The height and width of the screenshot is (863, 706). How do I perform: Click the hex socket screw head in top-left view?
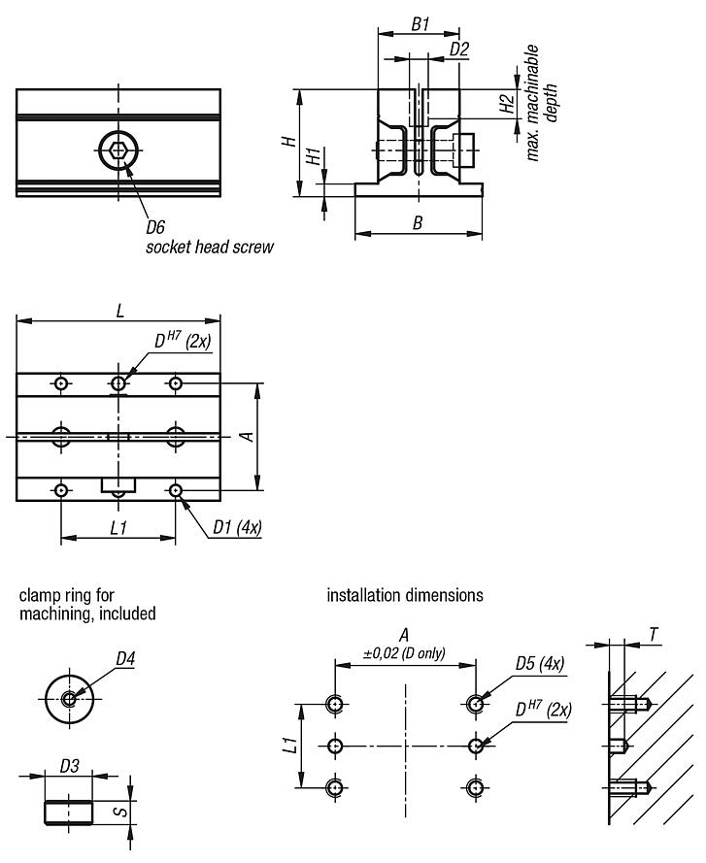(118, 150)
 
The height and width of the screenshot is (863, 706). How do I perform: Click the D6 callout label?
(155, 228)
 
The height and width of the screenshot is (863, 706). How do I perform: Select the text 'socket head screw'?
(209, 248)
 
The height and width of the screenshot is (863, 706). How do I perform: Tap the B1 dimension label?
(420, 24)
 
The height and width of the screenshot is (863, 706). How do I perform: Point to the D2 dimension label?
(459, 49)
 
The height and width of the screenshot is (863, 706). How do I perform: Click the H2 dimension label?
(506, 105)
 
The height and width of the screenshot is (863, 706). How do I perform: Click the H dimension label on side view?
(287, 142)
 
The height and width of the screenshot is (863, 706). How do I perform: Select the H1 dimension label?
(312, 158)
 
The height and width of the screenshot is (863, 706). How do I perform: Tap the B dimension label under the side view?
(418, 223)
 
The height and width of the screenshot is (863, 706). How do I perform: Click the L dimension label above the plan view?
(119, 311)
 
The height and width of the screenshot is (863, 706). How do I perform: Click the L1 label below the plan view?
(119, 527)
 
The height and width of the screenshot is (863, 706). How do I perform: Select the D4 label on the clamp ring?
(125, 660)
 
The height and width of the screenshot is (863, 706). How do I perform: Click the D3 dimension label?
(69, 767)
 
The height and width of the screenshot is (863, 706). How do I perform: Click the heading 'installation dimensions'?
(405, 595)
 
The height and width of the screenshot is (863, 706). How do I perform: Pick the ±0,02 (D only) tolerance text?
(404, 653)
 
